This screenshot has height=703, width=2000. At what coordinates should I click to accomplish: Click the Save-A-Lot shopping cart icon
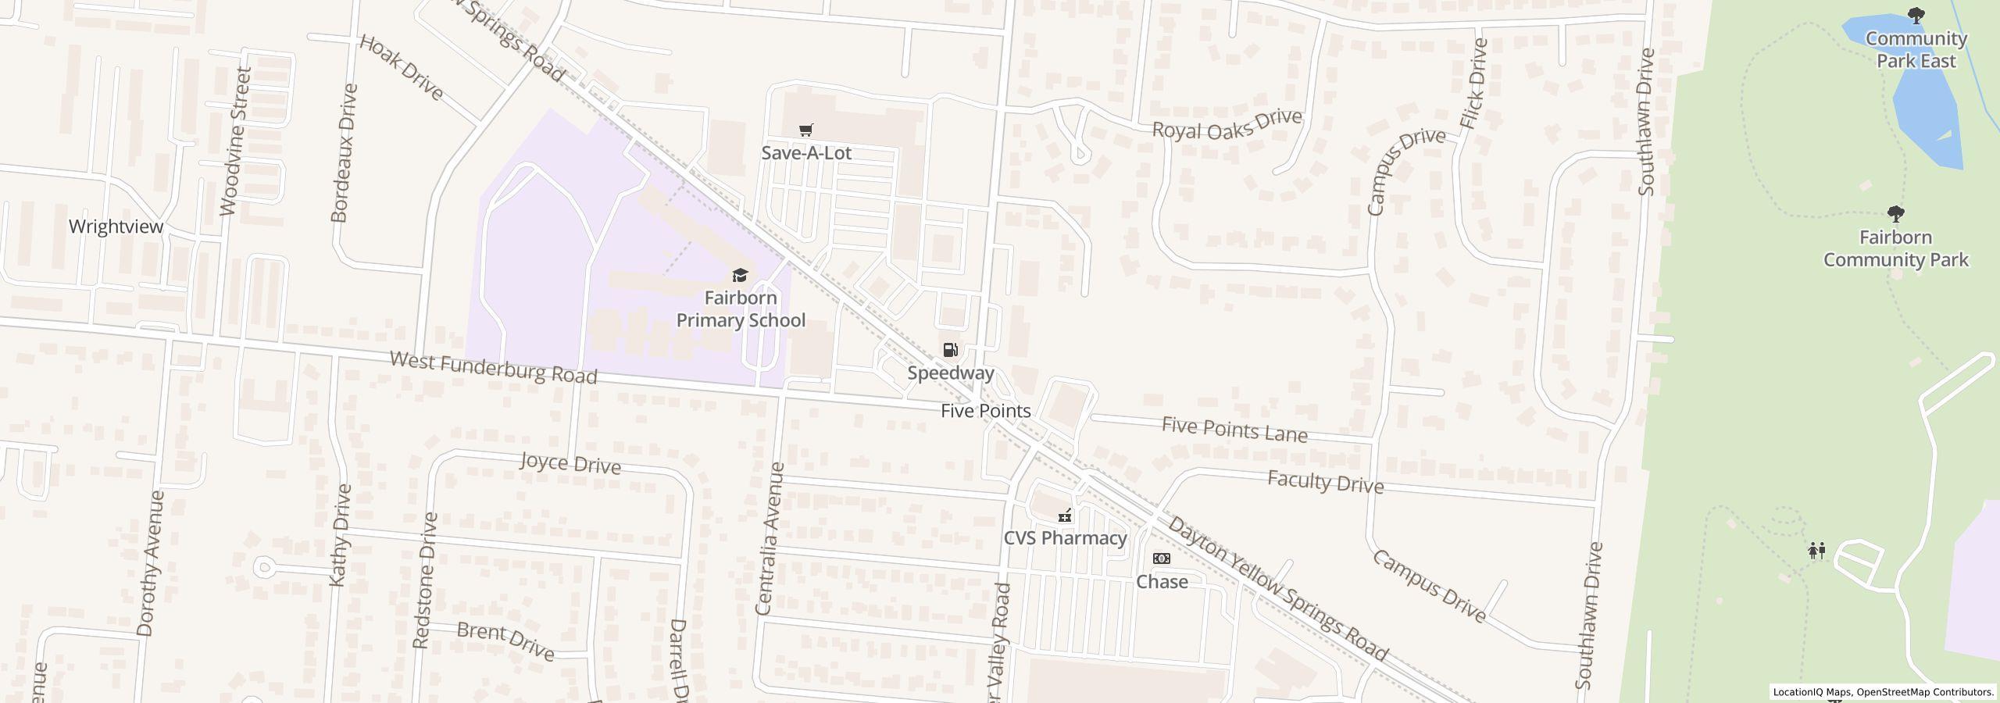[806, 130]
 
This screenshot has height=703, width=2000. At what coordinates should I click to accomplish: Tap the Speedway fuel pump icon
[950, 350]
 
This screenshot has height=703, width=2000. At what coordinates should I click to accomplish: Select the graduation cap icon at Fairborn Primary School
[739, 275]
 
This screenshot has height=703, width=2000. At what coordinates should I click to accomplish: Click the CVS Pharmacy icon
[1064, 516]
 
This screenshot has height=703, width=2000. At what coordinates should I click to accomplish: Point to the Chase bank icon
[1162, 558]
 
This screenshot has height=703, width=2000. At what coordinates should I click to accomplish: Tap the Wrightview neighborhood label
[116, 227]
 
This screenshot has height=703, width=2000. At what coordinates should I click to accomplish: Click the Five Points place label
[985, 411]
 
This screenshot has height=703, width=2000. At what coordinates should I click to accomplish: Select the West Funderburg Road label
[493, 368]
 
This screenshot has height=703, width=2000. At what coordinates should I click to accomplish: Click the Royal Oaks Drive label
[1227, 124]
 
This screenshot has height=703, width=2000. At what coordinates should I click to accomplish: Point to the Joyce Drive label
[570, 463]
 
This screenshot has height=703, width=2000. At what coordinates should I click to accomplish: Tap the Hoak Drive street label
[402, 67]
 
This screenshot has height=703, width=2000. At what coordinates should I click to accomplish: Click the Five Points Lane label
[1234, 430]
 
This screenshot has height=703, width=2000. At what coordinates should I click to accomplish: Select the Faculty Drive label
[1325, 482]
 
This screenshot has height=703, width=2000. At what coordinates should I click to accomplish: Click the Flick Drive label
[1473, 84]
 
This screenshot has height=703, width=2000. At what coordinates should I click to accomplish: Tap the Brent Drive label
[505, 641]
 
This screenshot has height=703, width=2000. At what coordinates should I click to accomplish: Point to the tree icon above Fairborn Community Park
[1895, 213]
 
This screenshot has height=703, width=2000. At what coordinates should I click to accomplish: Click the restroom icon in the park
[1816, 551]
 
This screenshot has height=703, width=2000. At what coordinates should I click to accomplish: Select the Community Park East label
[1916, 50]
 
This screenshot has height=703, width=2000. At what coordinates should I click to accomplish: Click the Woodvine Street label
[236, 141]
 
